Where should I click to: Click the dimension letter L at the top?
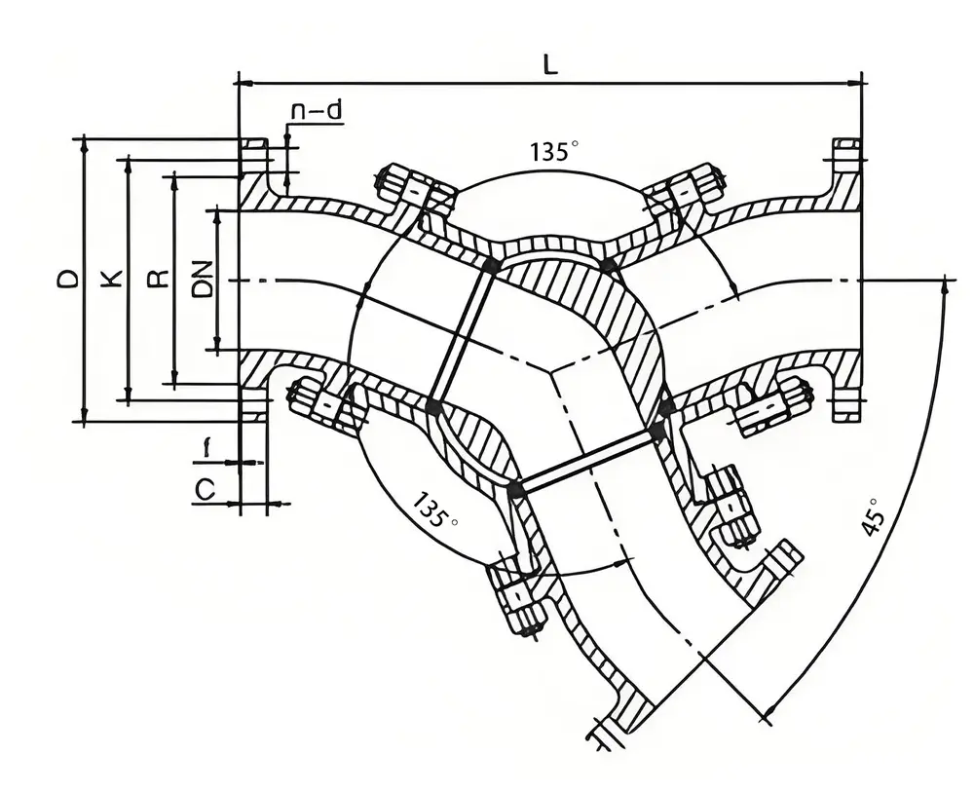550,65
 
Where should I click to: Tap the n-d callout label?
317,111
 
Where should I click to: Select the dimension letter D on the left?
67,280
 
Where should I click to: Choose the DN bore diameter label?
202,280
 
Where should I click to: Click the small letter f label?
206,448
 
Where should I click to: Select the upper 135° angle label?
554,152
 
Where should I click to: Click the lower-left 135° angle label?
434,509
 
